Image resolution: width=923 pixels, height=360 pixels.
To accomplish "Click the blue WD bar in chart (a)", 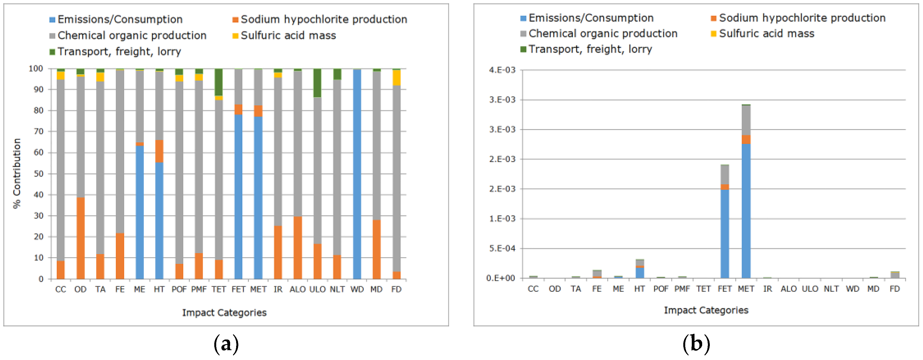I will pyautogui.click(x=357, y=174).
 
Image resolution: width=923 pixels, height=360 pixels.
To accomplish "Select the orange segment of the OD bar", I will pyautogui.click(x=80, y=238).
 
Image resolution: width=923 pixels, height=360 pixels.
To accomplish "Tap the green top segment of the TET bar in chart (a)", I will pyautogui.click(x=219, y=82).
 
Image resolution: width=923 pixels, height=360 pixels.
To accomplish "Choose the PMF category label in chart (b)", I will pyautogui.click(x=682, y=289).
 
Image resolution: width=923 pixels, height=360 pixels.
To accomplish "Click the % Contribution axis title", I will pyautogui.click(x=17, y=173).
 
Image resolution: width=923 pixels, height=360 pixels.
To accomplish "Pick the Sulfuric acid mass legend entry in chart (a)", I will pyautogui.click(x=288, y=36).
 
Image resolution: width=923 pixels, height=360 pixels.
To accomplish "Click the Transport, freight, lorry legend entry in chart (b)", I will pyautogui.click(x=590, y=49).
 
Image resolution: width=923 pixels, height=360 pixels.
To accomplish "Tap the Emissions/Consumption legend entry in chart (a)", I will pyautogui.click(x=120, y=19).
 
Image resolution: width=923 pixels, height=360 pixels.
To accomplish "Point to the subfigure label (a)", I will pyautogui.click(x=226, y=344).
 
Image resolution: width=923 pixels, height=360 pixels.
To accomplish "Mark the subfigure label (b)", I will pyautogui.click(x=696, y=344).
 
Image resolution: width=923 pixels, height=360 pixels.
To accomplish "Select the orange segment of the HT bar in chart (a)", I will pyautogui.click(x=159, y=151).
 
